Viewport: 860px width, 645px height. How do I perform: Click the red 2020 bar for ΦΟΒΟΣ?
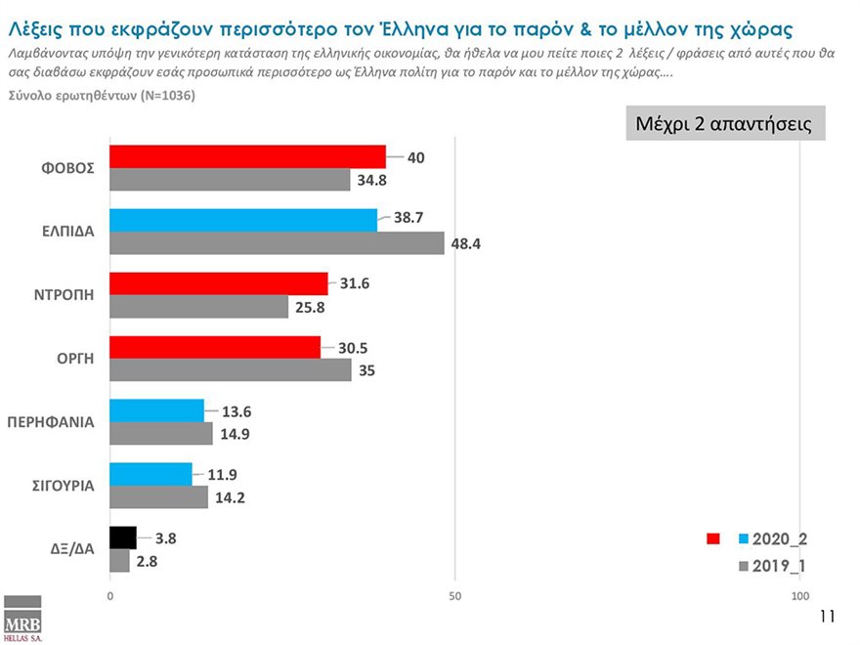click(x=247, y=156)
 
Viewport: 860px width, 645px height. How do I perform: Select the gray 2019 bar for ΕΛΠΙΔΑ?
click(x=277, y=243)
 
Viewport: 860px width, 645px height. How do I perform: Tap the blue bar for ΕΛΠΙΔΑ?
click(x=243, y=220)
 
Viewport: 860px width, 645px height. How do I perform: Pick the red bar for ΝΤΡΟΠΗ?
click(x=218, y=283)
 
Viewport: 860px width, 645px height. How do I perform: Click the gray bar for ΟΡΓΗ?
click(x=230, y=370)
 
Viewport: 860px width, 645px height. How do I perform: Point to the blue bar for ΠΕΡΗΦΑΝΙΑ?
click(x=156, y=410)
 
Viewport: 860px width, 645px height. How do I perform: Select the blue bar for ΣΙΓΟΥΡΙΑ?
click(x=150, y=474)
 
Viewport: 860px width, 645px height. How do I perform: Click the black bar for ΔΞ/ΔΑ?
click(x=122, y=537)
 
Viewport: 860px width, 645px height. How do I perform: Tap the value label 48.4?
click(x=467, y=243)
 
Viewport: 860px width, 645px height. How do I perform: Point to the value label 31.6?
click(x=355, y=283)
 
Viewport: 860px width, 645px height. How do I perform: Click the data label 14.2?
click(x=231, y=497)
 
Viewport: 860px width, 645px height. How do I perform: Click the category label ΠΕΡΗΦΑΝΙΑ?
click(x=51, y=422)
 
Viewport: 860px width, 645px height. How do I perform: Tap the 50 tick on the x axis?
click(x=454, y=596)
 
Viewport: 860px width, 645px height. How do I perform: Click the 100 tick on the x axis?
click(x=800, y=596)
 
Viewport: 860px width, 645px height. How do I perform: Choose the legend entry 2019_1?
click(x=779, y=566)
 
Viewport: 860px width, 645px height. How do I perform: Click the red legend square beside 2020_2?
click(x=712, y=538)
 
